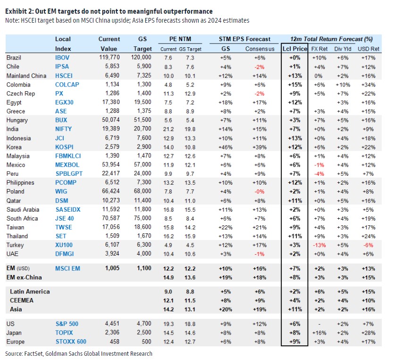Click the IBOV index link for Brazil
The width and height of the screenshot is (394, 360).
coord(62,58)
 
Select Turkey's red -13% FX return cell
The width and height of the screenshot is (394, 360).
coord(319,245)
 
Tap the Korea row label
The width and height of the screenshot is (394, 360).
coord(14,147)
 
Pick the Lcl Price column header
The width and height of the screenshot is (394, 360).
coord(295,49)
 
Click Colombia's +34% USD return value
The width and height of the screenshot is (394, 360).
coord(369,85)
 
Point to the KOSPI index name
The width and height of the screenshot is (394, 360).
coord(64,147)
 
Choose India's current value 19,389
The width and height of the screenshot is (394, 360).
coord(110,129)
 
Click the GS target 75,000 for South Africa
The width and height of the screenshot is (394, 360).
coord(143,218)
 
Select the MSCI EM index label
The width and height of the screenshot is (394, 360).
coord(67,268)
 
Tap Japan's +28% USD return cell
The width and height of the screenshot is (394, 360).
coord(369,333)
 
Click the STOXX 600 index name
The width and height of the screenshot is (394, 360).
coord(71,342)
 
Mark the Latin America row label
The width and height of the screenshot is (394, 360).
coord(30,291)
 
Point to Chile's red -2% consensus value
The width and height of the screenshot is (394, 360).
coord(260,67)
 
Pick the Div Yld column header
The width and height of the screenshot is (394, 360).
coord(343,49)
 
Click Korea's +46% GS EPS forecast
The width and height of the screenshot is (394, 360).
coord(226,147)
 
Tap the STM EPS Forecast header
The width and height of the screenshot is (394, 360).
coord(244,39)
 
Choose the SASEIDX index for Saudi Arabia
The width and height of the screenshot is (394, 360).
coord(68,210)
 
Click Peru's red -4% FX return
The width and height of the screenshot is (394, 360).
coord(319,174)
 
